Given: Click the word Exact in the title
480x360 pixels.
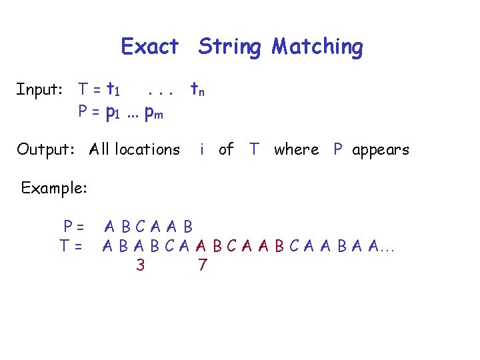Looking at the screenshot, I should click(150, 47).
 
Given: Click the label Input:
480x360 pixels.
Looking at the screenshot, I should click(39, 89).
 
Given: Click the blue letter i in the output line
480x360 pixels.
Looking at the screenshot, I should click(201, 149).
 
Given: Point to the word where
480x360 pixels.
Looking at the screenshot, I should click(296, 149).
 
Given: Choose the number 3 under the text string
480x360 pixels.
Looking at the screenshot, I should click(140, 265).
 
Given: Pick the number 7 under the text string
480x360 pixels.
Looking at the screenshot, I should click(203, 265).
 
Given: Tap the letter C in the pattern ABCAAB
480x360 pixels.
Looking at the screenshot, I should click(140, 227).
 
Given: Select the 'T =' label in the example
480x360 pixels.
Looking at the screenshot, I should click(71, 246).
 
